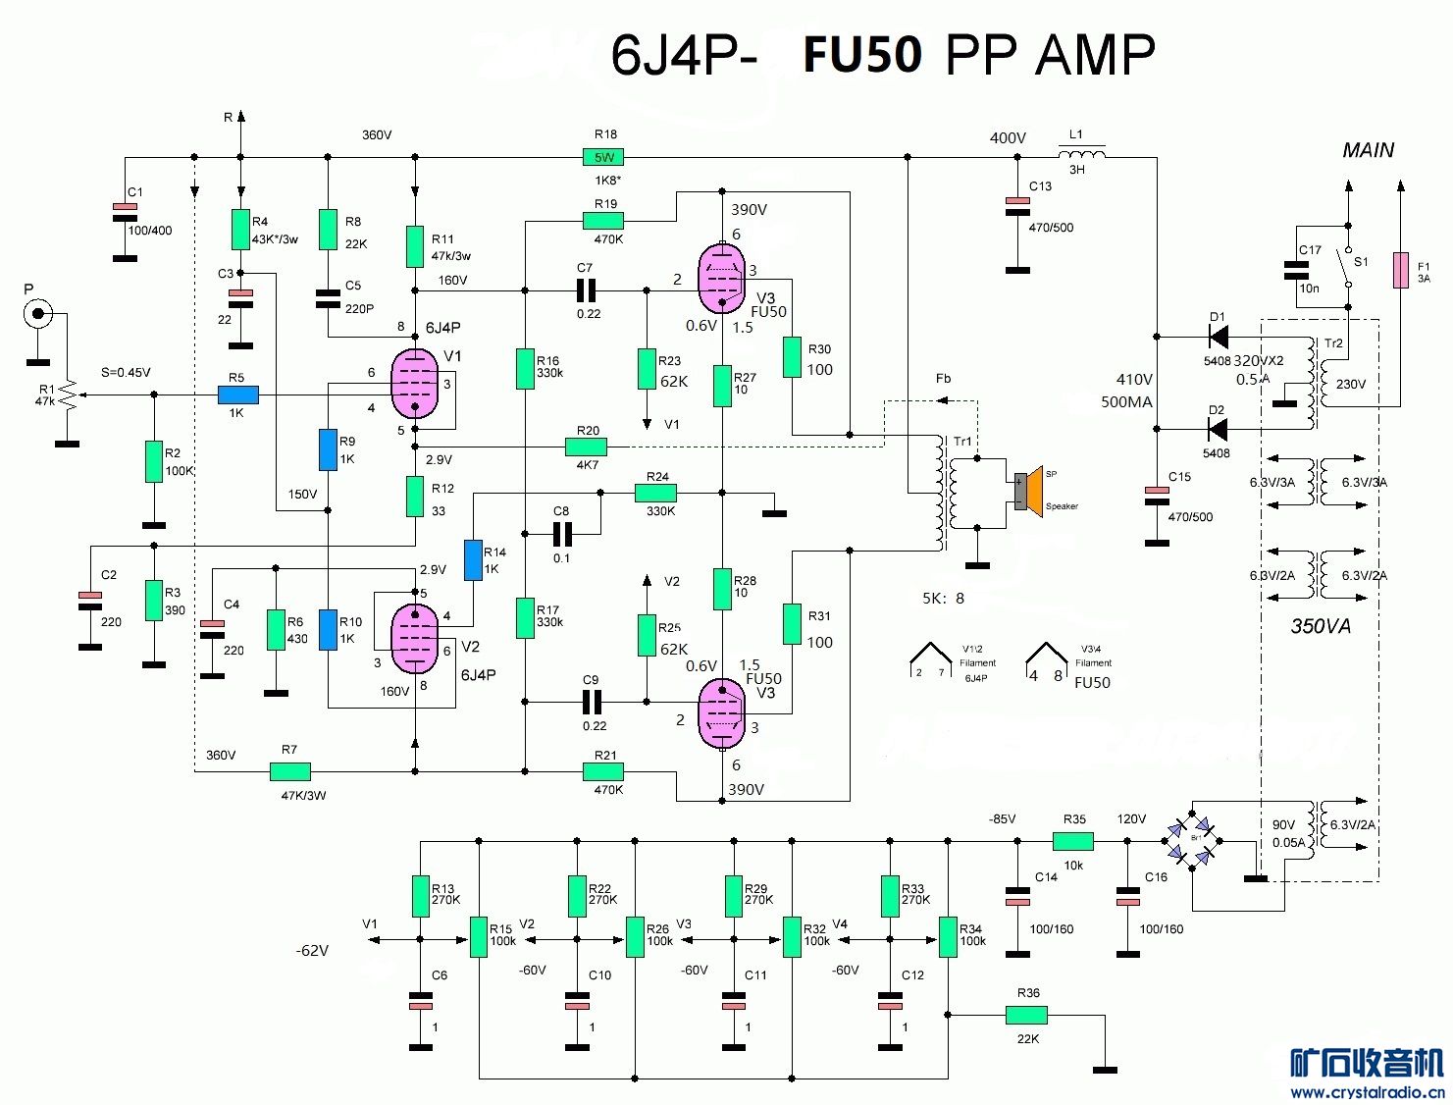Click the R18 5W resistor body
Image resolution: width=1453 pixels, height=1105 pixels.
(x=603, y=157)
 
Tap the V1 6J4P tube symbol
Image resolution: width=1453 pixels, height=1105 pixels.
(x=414, y=384)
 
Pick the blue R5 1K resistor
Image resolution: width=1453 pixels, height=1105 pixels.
(x=237, y=395)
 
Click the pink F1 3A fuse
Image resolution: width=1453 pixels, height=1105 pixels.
(x=1400, y=270)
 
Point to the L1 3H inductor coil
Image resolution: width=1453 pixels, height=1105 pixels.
(x=1081, y=154)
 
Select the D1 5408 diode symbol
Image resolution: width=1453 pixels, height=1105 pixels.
(x=1219, y=338)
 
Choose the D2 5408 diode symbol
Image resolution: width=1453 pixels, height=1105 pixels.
(x=1219, y=429)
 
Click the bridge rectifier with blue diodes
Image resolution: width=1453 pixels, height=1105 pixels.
(x=1193, y=839)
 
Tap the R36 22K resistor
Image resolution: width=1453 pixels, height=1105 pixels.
(x=1027, y=1016)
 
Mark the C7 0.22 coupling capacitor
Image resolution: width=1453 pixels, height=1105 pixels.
(x=587, y=289)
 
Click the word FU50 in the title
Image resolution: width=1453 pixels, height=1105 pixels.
(x=862, y=55)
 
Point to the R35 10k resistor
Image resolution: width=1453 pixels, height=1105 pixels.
(x=1073, y=841)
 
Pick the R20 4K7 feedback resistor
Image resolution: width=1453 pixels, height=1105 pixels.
(x=587, y=447)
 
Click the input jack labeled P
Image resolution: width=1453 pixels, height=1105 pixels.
(x=38, y=314)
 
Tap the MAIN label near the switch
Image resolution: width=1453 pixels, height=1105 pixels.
(x=1368, y=150)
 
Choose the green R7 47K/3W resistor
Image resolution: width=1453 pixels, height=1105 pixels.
(x=290, y=771)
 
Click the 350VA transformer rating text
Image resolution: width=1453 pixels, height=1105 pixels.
(x=1321, y=625)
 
